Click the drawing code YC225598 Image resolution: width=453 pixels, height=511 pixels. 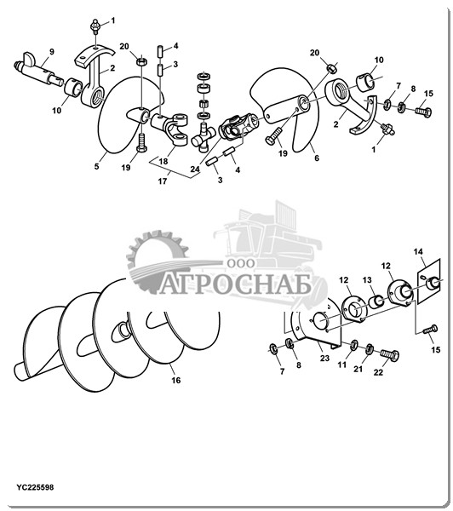[x=36, y=487]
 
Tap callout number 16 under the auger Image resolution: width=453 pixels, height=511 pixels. [x=176, y=381]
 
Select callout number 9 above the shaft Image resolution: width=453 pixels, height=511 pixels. [x=52, y=51]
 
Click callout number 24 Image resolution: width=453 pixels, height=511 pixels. [x=195, y=169]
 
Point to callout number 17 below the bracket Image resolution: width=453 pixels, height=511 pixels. [x=163, y=181]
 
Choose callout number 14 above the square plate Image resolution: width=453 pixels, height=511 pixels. [x=418, y=251]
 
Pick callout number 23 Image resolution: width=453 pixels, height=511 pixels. [x=324, y=359]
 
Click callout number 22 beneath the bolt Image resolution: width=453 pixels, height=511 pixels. [x=378, y=372]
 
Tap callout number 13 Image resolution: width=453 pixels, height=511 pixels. [x=367, y=280]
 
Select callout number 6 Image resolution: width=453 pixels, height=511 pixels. [x=317, y=158]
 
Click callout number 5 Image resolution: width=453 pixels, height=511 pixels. [x=96, y=166]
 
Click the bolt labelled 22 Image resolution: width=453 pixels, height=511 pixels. [x=390, y=354]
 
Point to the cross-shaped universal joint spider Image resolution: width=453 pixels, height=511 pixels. [x=202, y=136]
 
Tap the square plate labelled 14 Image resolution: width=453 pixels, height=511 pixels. [x=429, y=282]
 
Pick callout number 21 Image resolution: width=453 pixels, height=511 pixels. [x=358, y=369]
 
